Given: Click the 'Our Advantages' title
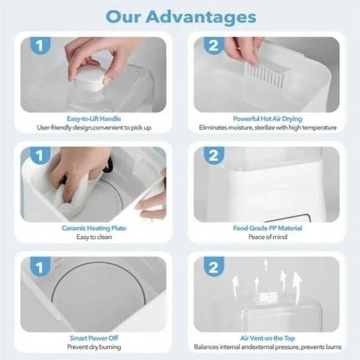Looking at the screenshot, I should click(180, 16).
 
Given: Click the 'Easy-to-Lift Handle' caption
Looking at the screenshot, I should click(94, 118).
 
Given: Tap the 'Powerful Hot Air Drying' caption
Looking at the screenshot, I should click(268, 118).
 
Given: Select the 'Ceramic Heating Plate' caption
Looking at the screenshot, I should click(94, 228).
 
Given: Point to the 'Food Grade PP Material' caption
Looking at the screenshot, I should click(268, 228).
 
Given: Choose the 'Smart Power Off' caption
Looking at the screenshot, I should click(94, 339).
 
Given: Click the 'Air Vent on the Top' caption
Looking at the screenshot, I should click(268, 339).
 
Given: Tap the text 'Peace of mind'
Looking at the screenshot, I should click(268, 237).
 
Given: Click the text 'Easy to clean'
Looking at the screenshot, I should click(94, 237).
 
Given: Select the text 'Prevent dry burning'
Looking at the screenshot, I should click(94, 348).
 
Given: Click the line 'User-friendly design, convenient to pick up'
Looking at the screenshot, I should click(94, 127).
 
